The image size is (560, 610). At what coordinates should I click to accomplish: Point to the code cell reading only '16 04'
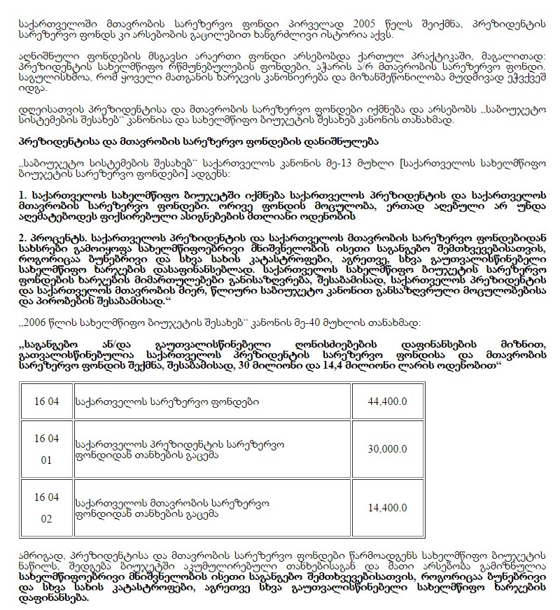[x=46, y=401]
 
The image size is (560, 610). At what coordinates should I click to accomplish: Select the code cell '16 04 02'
[x=46, y=509]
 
